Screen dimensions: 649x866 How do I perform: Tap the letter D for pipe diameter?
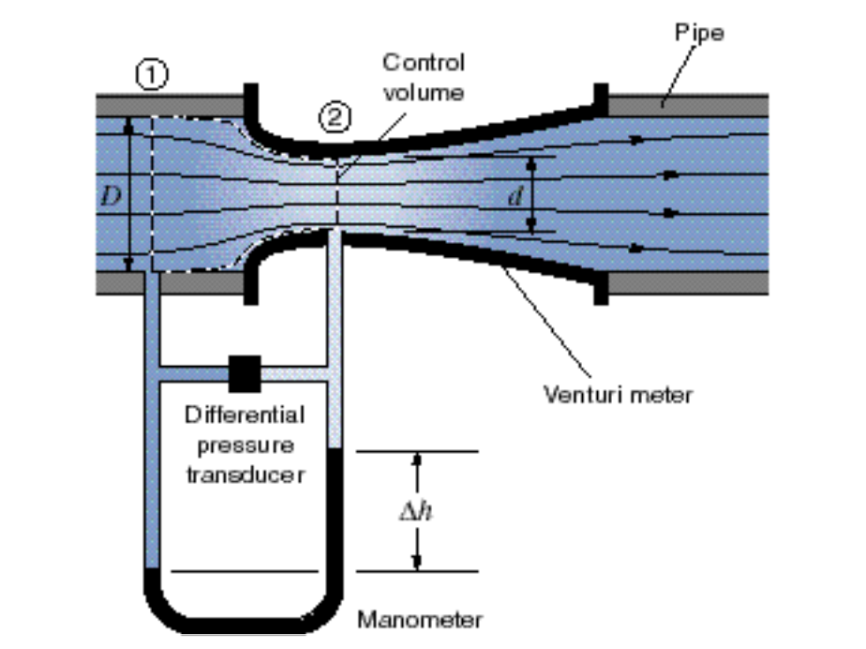point(112,197)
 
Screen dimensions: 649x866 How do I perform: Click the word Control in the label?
point(423,64)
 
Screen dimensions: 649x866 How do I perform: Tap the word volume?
point(424,92)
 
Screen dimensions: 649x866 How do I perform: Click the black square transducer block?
point(245,372)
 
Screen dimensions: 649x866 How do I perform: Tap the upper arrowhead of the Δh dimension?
point(418,460)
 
